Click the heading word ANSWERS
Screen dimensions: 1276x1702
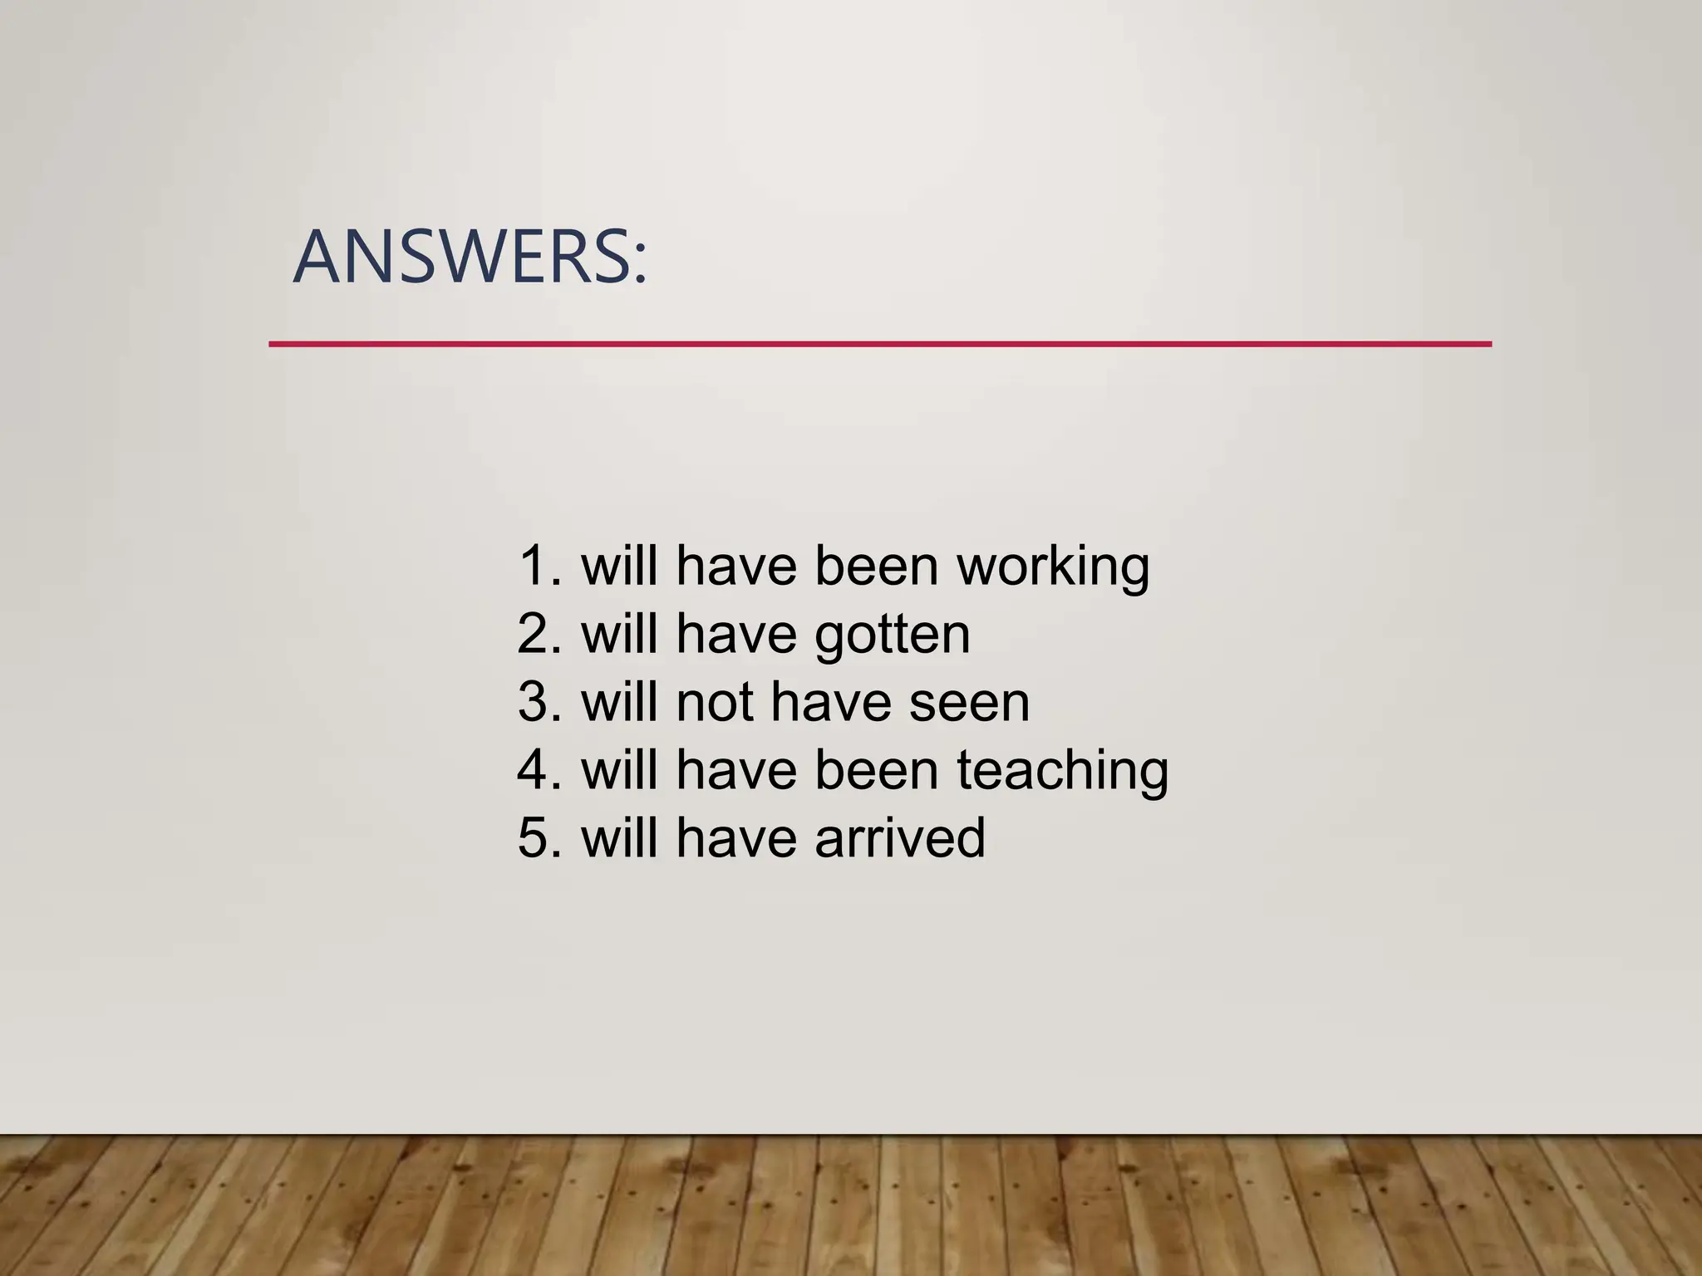(x=461, y=258)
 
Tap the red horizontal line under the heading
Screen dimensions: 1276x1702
(x=879, y=344)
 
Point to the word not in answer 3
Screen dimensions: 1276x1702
(x=715, y=703)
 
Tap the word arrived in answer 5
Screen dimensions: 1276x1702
(x=899, y=838)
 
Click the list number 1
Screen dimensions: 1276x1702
(x=536, y=567)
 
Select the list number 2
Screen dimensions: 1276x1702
(x=536, y=635)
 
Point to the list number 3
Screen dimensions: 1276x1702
(x=536, y=703)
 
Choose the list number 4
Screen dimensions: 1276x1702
(x=536, y=771)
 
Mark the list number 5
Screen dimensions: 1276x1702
(x=536, y=838)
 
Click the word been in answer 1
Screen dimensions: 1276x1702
(x=876, y=567)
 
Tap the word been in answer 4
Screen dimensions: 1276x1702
(x=876, y=771)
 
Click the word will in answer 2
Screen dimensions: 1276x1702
(x=619, y=635)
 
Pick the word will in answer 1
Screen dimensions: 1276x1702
(x=619, y=567)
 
